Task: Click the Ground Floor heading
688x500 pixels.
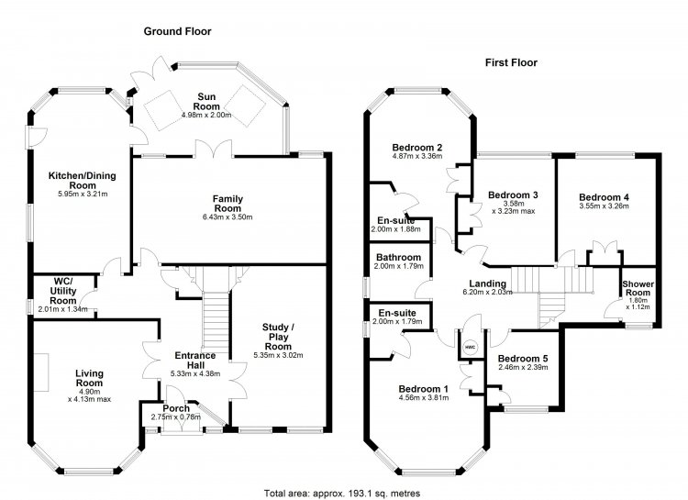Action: [177, 31]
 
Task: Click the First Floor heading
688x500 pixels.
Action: [511, 63]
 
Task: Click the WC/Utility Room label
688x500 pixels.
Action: [62, 293]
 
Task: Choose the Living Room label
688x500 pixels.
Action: [89, 378]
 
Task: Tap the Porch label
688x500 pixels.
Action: [176, 409]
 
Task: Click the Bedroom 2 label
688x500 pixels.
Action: [417, 147]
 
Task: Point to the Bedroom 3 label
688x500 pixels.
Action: [512, 195]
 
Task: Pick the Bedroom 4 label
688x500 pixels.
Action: [604, 196]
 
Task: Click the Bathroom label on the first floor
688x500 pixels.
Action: [398, 258]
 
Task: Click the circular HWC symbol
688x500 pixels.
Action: [470, 348]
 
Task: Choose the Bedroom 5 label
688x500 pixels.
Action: [522, 359]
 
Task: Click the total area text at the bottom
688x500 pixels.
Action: [334, 492]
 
